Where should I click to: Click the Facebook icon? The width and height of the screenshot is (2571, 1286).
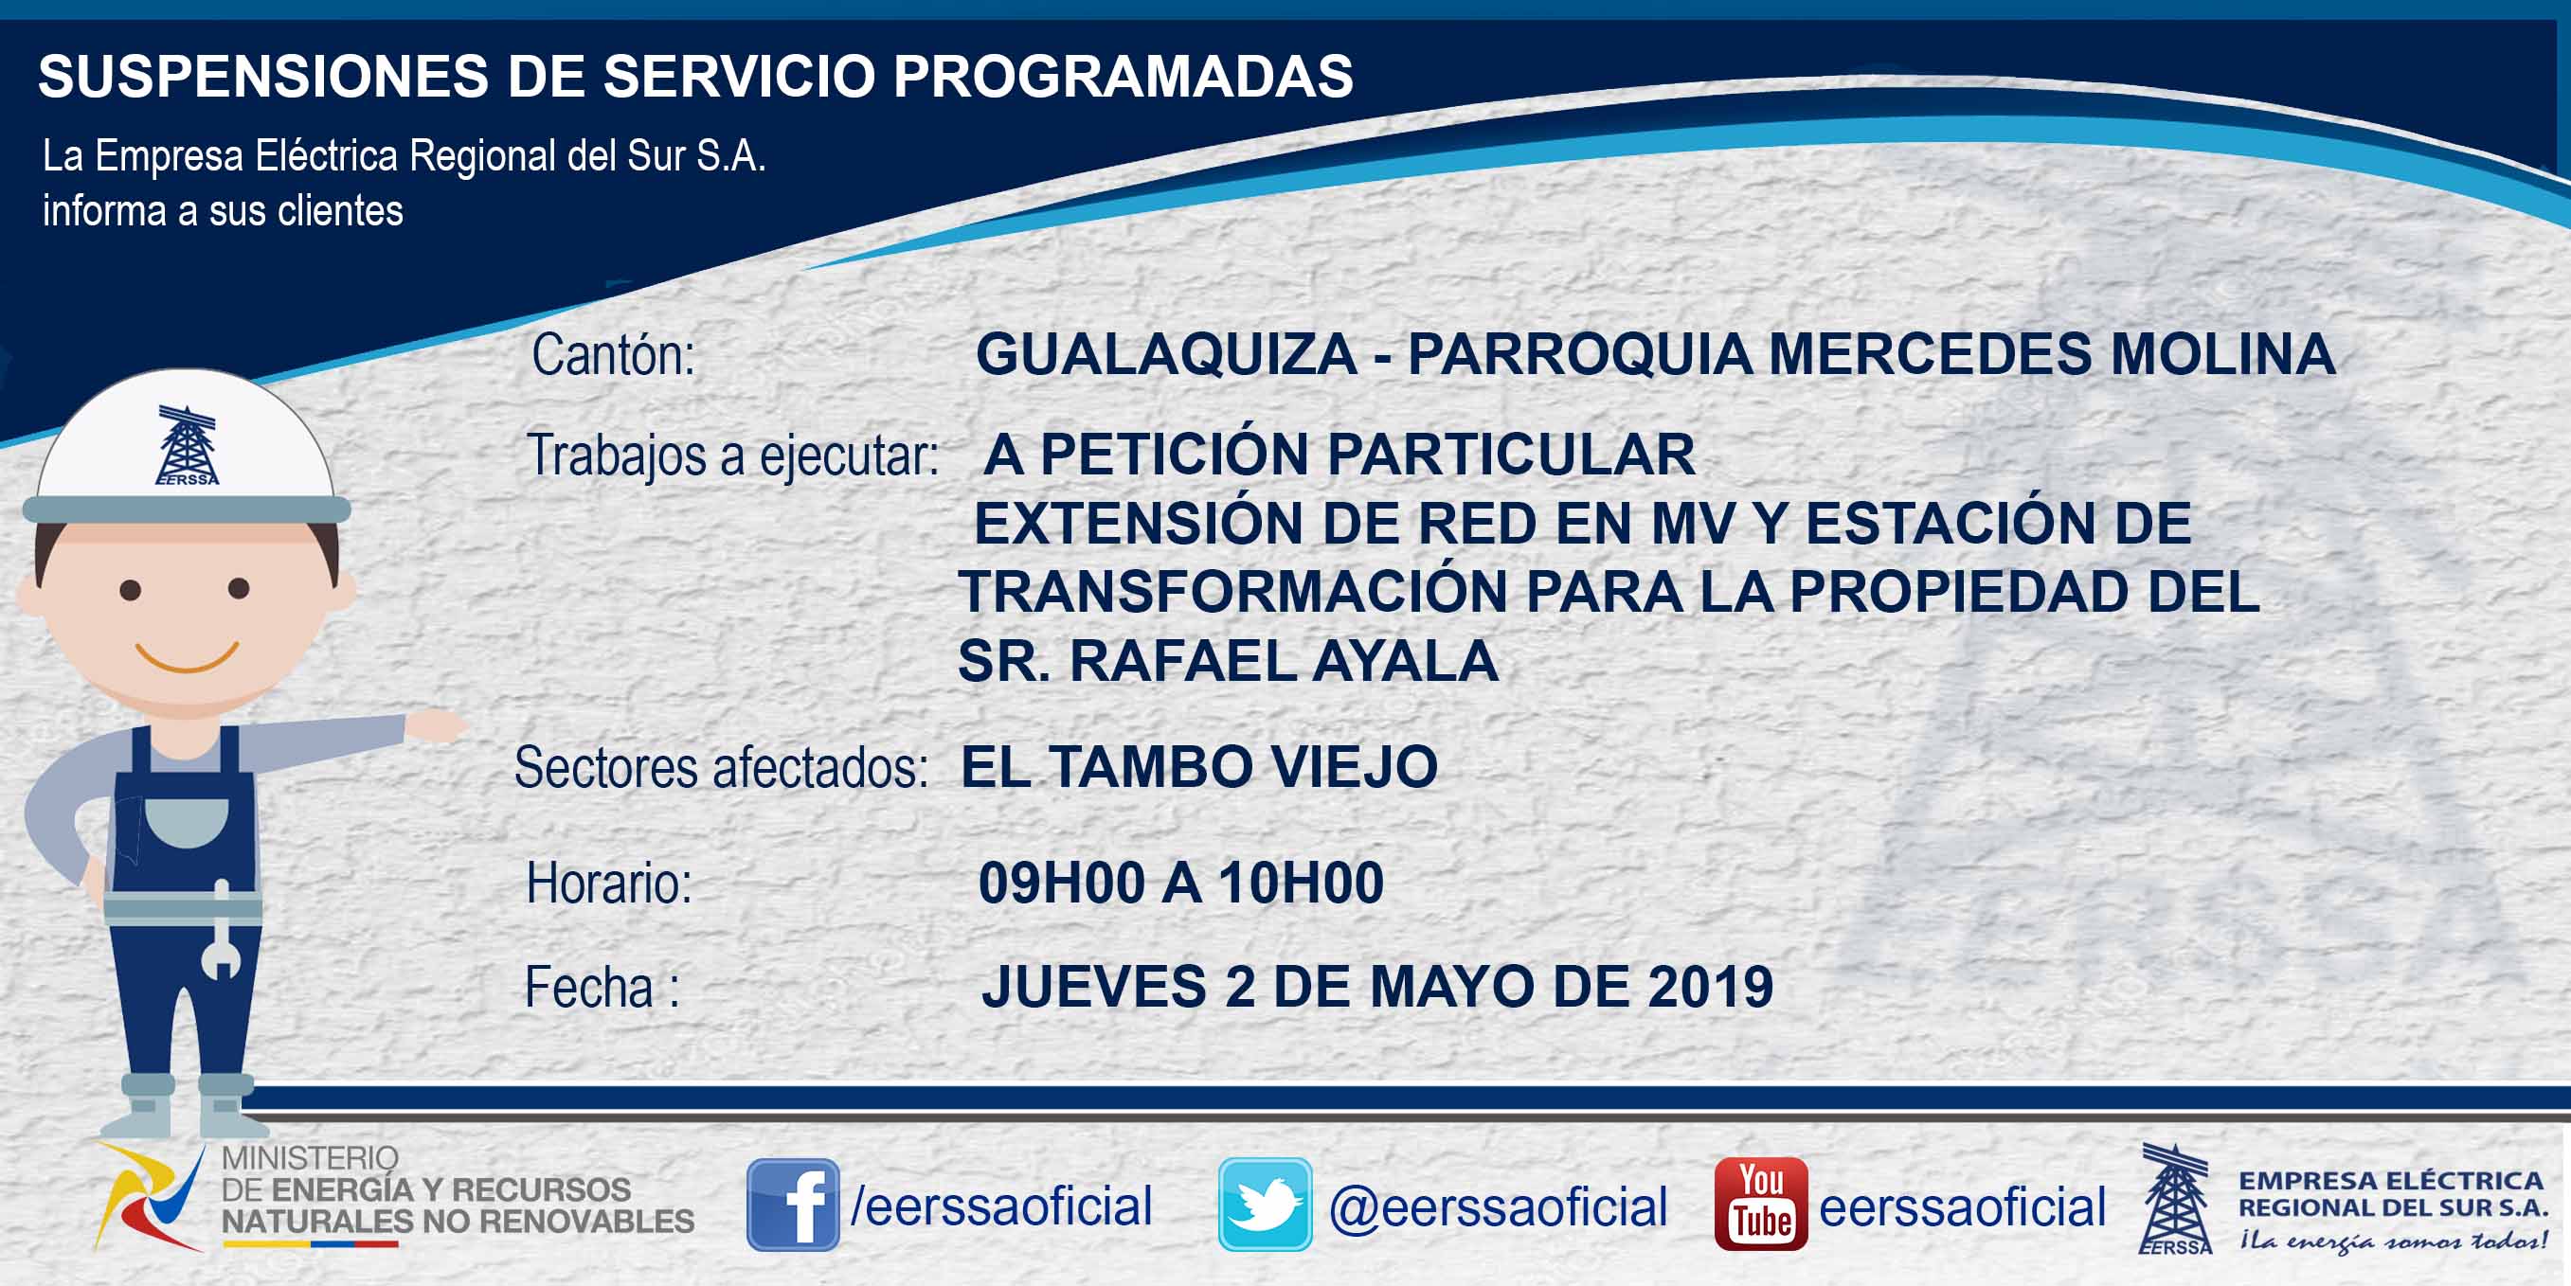coord(793,1205)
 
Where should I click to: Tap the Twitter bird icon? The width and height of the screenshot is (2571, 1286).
coord(1265,1205)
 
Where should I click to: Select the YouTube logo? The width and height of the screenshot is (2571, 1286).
coord(1760,1204)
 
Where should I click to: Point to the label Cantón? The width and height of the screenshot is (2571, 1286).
coord(613,355)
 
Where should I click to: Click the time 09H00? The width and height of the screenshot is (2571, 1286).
coord(1061,883)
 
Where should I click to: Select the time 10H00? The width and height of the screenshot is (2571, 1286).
coord(1301,883)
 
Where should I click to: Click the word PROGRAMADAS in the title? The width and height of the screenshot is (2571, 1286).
coord(1123,76)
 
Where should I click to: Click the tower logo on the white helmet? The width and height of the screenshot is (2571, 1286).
coord(187,445)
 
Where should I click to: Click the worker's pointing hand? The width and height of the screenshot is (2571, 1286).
coord(436,725)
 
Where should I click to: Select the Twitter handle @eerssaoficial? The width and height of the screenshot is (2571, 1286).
coord(1498,1206)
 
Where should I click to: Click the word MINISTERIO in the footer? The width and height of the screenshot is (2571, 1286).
coord(310,1158)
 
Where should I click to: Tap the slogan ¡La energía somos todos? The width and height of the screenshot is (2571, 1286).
coord(2392,1241)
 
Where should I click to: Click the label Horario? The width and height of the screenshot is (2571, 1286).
coord(609,884)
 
